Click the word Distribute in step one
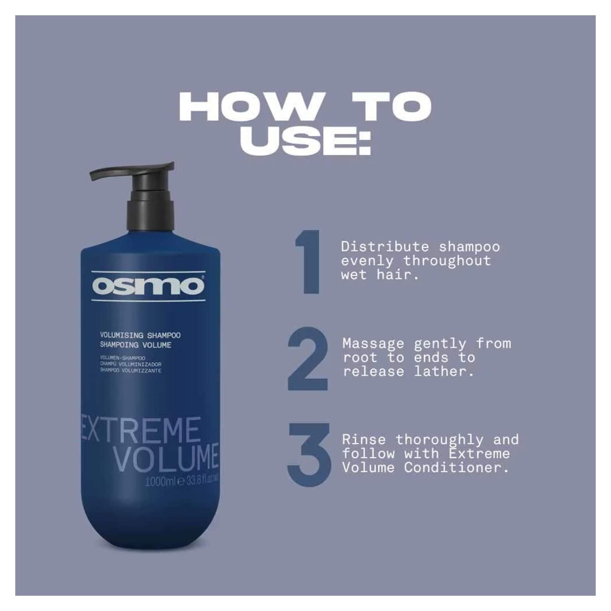click(x=385, y=247)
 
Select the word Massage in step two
click(x=373, y=343)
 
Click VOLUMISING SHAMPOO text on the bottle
click(x=140, y=335)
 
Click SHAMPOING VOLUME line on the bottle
click(x=135, y=345)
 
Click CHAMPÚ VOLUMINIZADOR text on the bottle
click(x=131, y=364)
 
